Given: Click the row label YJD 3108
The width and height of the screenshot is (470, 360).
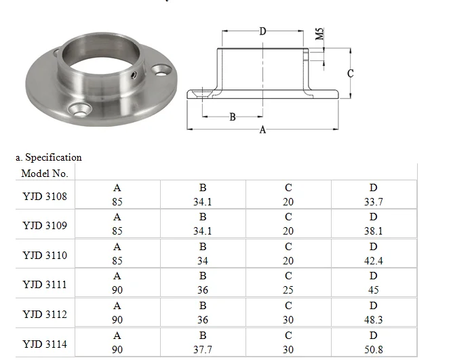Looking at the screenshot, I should [x=45, y=196].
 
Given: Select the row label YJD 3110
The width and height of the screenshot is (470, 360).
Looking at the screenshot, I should [x=45, y=256].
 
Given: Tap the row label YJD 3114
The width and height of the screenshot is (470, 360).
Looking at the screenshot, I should [x=45, y=344].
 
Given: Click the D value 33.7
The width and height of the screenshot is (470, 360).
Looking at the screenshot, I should [x=374, y=201].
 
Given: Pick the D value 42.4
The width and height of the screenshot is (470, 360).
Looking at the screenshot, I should [x=374, y=260].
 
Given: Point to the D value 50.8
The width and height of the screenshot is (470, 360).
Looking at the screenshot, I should [x=374, y=349].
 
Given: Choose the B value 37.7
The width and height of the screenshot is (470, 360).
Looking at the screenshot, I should [x=203, y=349].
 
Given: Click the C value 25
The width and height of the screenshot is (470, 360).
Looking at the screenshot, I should [x=288, y=290].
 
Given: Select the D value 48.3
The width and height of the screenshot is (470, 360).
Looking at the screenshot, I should [x=374, y=320].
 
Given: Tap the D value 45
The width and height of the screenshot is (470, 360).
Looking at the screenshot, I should [x=374, y=290].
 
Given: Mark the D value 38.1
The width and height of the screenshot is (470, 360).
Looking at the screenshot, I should [x=374, y=231].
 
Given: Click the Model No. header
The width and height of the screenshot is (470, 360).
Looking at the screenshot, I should [x=45, y=174].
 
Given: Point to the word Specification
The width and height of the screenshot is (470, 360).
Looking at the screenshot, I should [x=54, y=157].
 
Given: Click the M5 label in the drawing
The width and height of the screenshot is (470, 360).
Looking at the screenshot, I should [x=319, y=34].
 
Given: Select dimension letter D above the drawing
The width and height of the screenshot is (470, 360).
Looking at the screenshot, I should [x=263, y=31].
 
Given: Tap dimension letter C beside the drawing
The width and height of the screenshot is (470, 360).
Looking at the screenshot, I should [x=351, y=74].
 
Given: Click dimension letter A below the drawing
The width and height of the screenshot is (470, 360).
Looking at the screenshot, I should [x=263, y=130].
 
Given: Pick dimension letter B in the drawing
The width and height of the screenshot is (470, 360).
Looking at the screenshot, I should [x=233, y=117].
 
